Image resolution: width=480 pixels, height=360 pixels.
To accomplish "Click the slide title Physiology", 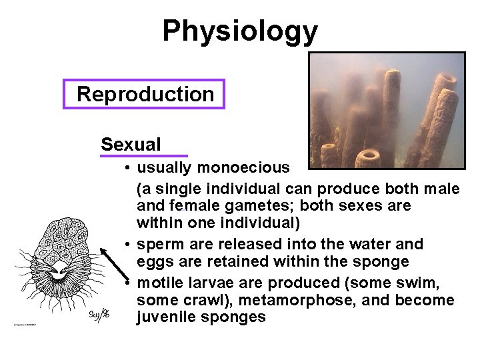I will (240, 31).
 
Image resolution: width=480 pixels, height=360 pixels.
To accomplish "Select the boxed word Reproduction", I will (145, 94).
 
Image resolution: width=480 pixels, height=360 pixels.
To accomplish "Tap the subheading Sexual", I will (131, 144).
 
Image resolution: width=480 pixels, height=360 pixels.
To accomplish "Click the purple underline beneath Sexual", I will (143, 156).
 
